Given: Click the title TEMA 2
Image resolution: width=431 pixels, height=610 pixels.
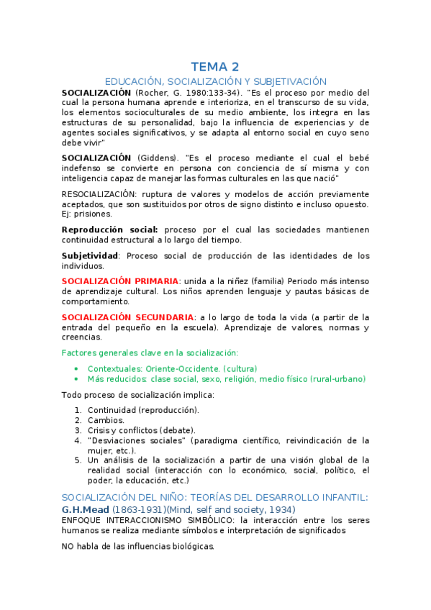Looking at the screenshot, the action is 215,67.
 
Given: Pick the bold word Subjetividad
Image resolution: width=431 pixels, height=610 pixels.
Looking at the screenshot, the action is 89,255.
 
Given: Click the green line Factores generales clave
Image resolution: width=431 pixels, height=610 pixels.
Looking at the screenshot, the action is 150,352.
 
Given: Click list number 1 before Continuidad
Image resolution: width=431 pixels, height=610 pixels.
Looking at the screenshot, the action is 78,410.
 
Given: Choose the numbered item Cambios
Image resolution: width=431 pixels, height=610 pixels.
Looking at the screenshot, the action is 106,420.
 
